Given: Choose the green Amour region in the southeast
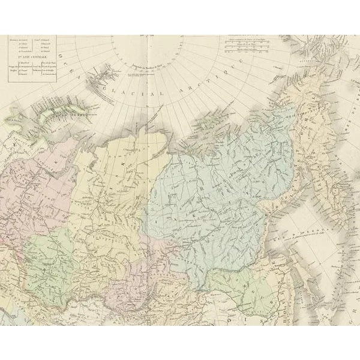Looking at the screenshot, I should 258,282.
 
